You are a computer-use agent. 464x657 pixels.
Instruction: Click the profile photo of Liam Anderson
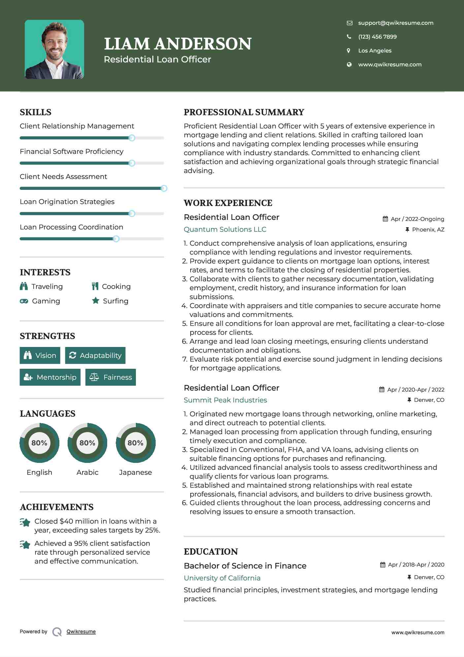(54, 50)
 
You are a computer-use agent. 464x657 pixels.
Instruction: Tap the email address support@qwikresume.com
(395, 23)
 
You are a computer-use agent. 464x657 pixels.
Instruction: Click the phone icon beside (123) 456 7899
(349, 37)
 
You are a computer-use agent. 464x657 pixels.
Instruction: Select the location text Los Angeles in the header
(375, 51)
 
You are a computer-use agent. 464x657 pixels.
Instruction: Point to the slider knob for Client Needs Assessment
(164, 188)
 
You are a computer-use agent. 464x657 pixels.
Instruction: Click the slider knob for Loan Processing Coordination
(116, 239)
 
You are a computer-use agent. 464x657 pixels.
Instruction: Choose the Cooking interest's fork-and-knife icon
(95, 286)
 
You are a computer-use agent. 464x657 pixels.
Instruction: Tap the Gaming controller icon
(24, 301)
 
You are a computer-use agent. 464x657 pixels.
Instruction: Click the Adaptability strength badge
(95, 355)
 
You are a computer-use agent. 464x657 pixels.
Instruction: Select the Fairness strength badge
(110, 377)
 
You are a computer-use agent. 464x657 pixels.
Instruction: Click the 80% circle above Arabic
(87, 443)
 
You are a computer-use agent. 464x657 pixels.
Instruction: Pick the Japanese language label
(135, 472)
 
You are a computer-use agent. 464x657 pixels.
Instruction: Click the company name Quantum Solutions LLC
(225, 229)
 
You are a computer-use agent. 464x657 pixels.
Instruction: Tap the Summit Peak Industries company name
(225, 400)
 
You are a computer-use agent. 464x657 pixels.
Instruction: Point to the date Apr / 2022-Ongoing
(417, 219)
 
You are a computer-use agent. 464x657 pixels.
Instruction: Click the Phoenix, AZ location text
(428, 229)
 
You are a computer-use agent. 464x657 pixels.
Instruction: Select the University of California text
(222, 578)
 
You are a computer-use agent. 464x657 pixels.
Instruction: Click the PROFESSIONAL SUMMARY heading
(244, 112)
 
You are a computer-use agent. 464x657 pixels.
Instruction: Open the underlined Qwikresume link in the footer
(81, 632)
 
